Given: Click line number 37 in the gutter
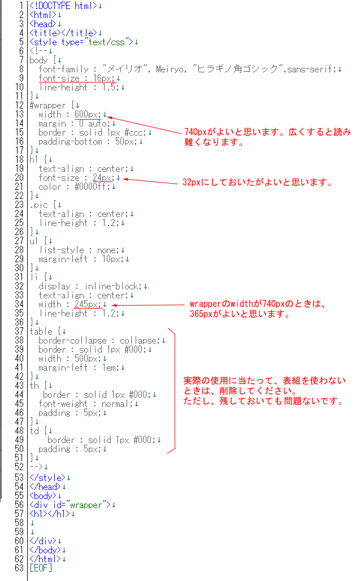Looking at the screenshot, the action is click(x=19, y=331).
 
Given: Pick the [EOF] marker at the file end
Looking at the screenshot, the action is click(x=41, y=567).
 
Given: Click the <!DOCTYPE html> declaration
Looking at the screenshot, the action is click(x=63, y=6).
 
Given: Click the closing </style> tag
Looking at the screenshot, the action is click(x=47, y=478).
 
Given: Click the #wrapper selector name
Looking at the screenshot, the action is click(x=47, y=106).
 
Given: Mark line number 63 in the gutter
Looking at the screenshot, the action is click(x=19, y=567).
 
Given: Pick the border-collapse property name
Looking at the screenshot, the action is click(x=72, y=341).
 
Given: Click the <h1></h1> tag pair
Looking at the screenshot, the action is click(x=50, y=514).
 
